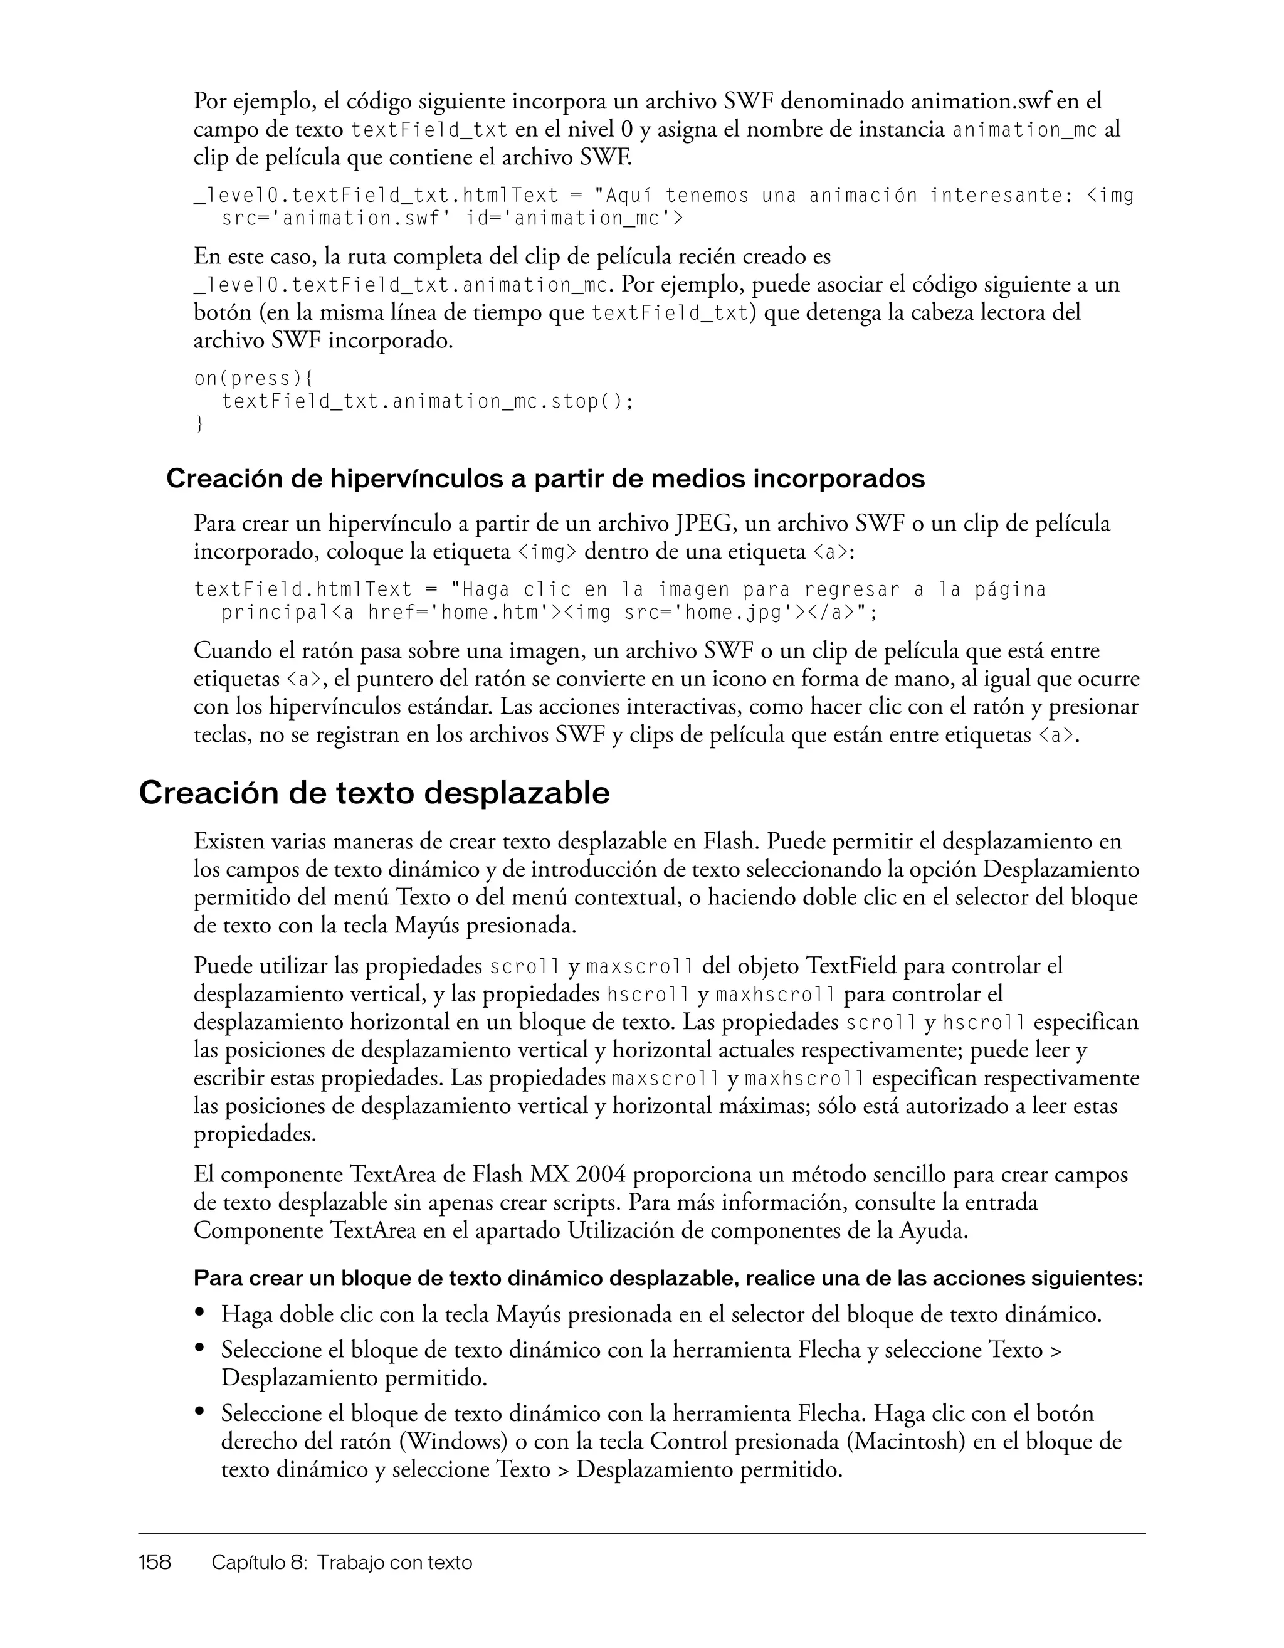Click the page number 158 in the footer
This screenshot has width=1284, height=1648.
[x=155, y=1562]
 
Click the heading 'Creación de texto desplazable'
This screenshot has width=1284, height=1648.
[x=374, y=793]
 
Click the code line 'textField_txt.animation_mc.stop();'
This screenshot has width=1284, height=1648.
[x=427, y=401]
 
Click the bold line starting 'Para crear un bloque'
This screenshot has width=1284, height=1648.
[x=667, y=1278]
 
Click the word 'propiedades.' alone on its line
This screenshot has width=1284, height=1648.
[x=255, y=1133]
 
